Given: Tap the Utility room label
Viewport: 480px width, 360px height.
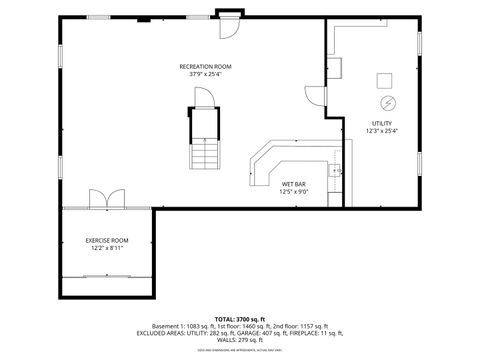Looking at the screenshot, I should (381, 123).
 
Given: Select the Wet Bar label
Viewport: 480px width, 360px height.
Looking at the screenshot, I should (293, 184).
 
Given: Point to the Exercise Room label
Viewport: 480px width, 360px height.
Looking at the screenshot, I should (106, 240).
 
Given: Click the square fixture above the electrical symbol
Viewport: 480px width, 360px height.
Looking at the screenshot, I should (385, 80).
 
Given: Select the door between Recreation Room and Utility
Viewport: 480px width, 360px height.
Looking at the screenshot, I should (316, 95).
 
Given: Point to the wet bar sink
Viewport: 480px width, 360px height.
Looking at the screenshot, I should (337, 171).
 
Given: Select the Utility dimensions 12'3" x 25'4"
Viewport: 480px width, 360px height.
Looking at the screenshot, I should (381, 131).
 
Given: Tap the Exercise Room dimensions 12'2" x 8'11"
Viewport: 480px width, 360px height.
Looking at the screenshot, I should (106, 248).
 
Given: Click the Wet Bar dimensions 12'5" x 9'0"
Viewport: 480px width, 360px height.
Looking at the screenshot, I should (293, 192).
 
